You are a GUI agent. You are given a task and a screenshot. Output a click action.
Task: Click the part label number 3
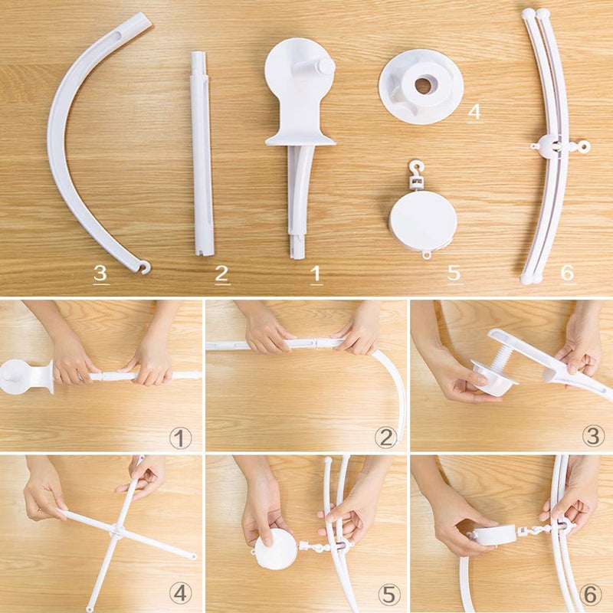(100, 273)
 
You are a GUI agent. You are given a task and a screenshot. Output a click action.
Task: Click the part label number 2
(221, 273)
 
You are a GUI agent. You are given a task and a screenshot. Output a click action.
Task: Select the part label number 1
(314, 273)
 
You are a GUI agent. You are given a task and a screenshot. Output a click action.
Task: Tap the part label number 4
(474, 111)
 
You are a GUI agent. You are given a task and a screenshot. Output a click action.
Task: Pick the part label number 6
(567, 272)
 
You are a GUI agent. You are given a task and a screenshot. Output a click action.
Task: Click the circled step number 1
(180, 438)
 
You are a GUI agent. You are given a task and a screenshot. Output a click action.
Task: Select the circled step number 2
(385, 438)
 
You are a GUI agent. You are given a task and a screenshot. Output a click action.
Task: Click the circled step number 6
(592, 594)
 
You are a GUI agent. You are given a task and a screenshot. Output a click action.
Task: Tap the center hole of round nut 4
(422, 85)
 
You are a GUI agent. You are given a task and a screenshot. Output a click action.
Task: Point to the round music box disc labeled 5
(423, 221)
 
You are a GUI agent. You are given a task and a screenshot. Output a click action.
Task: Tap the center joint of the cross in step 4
(116, 529)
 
